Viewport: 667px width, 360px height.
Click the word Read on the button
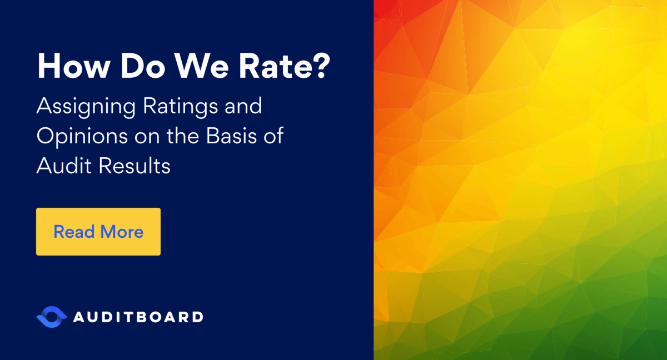[73, 232]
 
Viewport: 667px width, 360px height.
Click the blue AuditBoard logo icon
[51, 317]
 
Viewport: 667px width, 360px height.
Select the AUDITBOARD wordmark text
[138, 317]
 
